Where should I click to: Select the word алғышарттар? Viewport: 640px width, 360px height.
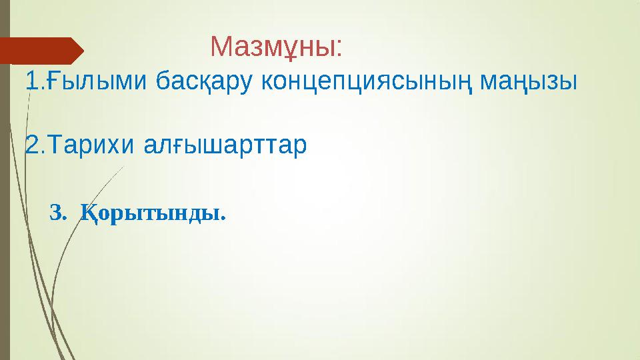point(226,145)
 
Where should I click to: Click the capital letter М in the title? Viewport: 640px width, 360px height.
point(221,47)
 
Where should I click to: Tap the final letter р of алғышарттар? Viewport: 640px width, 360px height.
point(301,147)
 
